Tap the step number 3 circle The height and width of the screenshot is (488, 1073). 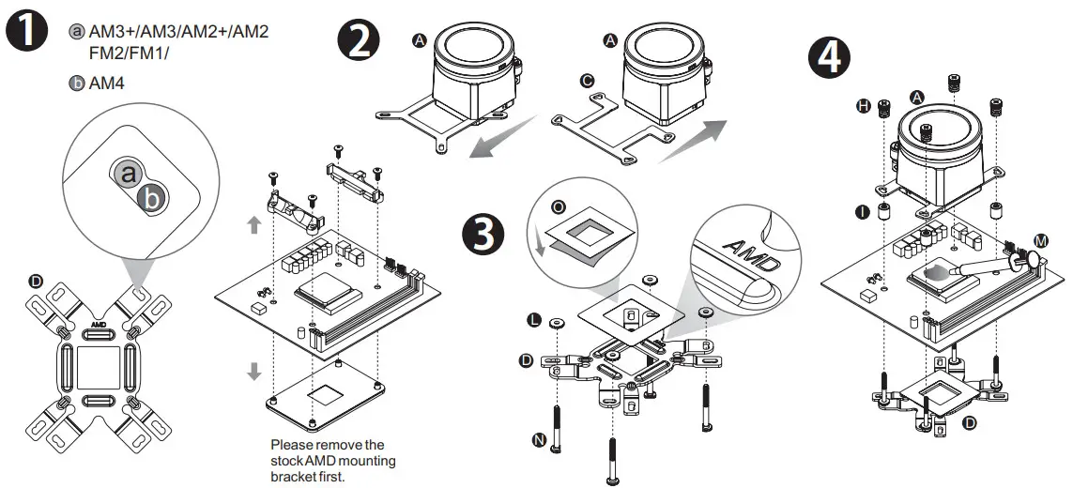pyautogui.click(x=483, y=232)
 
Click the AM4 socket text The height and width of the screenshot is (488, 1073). pyautogui.click(x=107, y=84)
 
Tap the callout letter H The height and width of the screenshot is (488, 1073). pyautogui.click(x=863, y=107)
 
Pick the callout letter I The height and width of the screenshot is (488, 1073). pyautogui.click(x=863, y=212)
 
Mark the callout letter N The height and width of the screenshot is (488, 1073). pyautogui.click(x=538, y=438)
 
